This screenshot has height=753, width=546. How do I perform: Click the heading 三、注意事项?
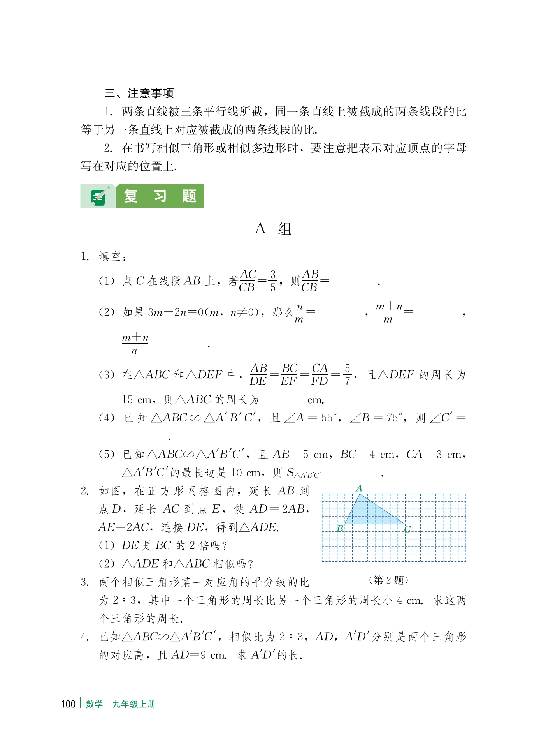(x=139, y=93)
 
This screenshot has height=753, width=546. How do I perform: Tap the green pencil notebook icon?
(x=98, y=196)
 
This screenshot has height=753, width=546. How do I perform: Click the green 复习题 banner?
(x=160, y=196)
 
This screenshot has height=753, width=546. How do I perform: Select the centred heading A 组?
(x=273, y=229)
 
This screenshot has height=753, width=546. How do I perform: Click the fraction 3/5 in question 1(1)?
(x=273, y=281)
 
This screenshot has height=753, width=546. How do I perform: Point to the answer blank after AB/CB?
(x=354, y=283)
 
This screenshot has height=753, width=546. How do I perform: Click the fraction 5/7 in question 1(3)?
(x=347, y=375)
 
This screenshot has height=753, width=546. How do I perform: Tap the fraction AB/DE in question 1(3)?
(x=258, y=375)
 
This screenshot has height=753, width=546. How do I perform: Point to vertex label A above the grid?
(x=359, y=488)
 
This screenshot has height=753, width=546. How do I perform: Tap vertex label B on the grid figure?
(x=340, y=529)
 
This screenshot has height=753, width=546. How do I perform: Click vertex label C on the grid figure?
(x=407, y=529)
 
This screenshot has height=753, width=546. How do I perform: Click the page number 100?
(x=68, y=704)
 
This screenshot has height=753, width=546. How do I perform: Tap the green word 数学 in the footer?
(x=94, y=704)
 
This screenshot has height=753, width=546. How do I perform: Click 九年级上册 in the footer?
(x=134, y=704)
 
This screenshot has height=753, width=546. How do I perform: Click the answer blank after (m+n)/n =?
(x=184, y=346)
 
